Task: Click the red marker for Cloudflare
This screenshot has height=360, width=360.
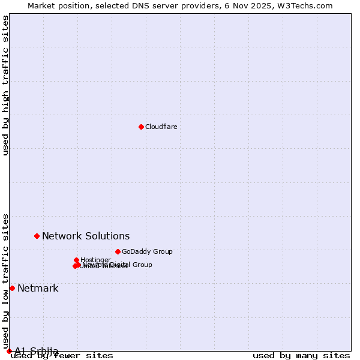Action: pyautogui.click(x=141, y=127)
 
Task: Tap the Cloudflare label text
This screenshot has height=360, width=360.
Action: pyautogui.click(x=161, y=127)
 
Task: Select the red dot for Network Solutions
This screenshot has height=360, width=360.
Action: pyautogui.click(x=37, y=236)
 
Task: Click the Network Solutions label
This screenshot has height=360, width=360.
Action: pyautogui.click(x=86, y=236)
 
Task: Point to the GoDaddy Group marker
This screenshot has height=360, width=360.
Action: pyautogui.click(x=118, y=251)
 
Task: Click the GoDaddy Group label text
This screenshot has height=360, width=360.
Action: pyautogui.click(x=147, y=251)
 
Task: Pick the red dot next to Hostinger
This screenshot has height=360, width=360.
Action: pyautogui.click(x=76, y=260)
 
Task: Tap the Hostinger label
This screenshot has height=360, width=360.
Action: pyautogui.click(x=95, y=260)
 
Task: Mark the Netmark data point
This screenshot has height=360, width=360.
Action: pyautogui.click(x=12, y=288)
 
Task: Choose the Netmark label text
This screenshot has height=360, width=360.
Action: pyautogui.click(x=38, y=288)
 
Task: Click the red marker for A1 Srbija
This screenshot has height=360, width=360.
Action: pyautogui.click(x=9, y=351)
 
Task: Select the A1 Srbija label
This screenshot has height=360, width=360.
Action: pyautogui.click(x=37, y=351)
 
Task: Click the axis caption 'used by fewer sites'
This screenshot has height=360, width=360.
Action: pyautogui.click(x=62, y=355)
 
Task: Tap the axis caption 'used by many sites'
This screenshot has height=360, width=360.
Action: pyautogui.click(x=301, y=355)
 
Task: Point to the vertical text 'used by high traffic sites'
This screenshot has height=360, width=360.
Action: pyautogui.click(x=6, y=85)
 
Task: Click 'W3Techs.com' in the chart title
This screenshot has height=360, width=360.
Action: pyautogui.click(x=307, y=5)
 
